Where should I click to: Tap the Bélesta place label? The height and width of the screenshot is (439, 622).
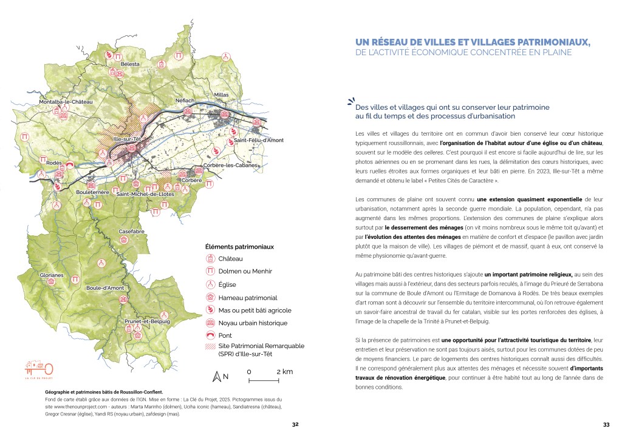(130, 64)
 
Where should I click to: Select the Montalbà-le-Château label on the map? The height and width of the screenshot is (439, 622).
(66, 102)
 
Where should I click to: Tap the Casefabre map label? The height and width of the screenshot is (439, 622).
(131, 232)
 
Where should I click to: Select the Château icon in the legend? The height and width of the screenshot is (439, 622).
(211, 258)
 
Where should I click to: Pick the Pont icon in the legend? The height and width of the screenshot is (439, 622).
(211, 335)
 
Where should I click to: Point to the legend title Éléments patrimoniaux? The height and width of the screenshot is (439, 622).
(239, 247)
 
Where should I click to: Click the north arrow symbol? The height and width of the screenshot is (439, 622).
(215, 377)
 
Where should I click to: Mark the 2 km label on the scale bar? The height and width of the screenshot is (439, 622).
(284, 371)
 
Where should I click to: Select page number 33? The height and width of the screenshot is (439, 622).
(606, 424)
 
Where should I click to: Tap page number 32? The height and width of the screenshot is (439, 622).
(295, 424)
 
